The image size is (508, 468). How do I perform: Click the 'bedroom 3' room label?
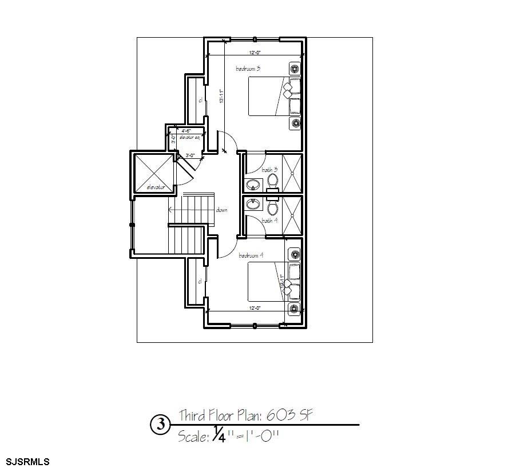[248, 69]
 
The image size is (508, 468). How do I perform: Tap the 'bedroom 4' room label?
[251, 255]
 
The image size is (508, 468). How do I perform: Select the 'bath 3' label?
[270, 170]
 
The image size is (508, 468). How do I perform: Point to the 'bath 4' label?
[270, 221]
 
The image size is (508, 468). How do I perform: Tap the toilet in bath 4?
[272, 207]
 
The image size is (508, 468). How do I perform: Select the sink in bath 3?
[253, 184]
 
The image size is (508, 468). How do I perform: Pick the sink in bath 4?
[253, 203]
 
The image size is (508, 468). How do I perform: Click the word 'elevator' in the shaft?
[156, 187]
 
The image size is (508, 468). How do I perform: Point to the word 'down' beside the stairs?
[222, 210]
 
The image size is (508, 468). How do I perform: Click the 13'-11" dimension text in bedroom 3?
[221, 96]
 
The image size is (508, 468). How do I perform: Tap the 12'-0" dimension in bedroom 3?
[255, 53]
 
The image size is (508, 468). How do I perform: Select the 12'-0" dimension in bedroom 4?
[255, 308]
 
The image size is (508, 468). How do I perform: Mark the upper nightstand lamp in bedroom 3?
[295, 69]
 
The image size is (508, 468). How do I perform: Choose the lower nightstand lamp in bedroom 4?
[295, 309]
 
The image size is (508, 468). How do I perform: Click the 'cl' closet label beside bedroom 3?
[201, 101]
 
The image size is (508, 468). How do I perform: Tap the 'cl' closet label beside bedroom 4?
[200, 281]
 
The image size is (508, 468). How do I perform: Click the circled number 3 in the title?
[161, 425]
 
